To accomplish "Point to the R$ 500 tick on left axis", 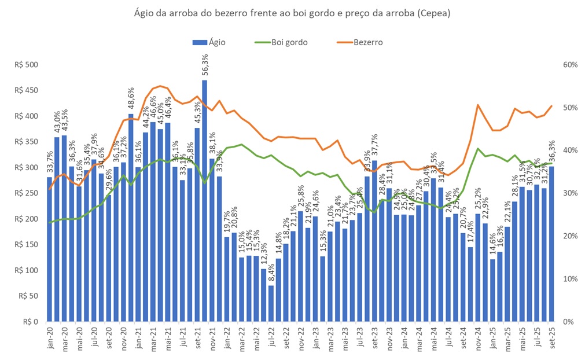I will (25, 65).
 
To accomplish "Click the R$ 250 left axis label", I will (25, 193).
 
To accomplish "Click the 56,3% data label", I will (205, 68).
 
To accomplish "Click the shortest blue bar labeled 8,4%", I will (271, 303).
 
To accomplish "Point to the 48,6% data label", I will (131, 101).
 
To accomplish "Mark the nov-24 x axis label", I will (478, 337).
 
